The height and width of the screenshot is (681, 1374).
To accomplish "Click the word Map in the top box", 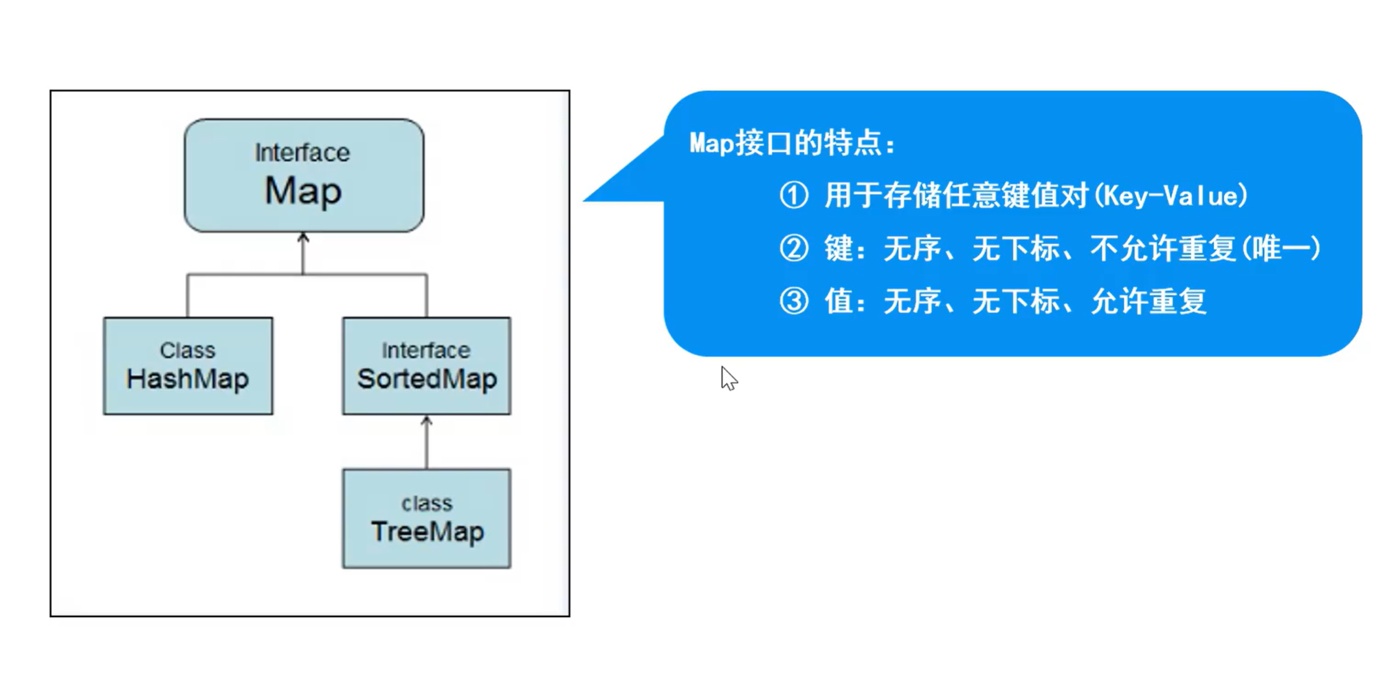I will coord(303,191).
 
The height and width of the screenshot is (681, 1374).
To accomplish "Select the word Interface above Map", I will coord(302,153).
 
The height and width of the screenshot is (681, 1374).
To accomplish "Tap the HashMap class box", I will coord(188,366).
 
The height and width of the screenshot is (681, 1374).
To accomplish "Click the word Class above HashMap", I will coord(188,350).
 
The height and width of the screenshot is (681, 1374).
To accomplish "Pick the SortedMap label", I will coord(427,379).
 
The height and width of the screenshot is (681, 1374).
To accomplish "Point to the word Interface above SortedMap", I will coord(426,350).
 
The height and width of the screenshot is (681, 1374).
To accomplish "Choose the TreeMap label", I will coord(428,532).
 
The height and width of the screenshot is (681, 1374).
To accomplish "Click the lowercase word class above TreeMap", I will coord(427,504).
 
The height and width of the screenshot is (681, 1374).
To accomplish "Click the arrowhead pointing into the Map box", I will coord(303,238).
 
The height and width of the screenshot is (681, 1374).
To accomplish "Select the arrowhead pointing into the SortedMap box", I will coord(427,420).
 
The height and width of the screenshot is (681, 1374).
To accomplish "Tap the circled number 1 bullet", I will coord(794,195).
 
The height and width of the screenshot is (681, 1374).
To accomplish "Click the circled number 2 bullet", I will coord(794,248).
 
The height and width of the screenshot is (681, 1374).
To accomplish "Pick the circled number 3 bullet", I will coord(794,301).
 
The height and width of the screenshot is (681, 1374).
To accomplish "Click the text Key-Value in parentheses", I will coord(1171,196).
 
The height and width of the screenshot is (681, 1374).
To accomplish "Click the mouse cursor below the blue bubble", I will coord(728,378).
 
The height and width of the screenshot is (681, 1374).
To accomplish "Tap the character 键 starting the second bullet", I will coord(839,248).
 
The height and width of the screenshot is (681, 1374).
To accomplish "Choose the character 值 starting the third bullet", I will coord(839,301).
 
